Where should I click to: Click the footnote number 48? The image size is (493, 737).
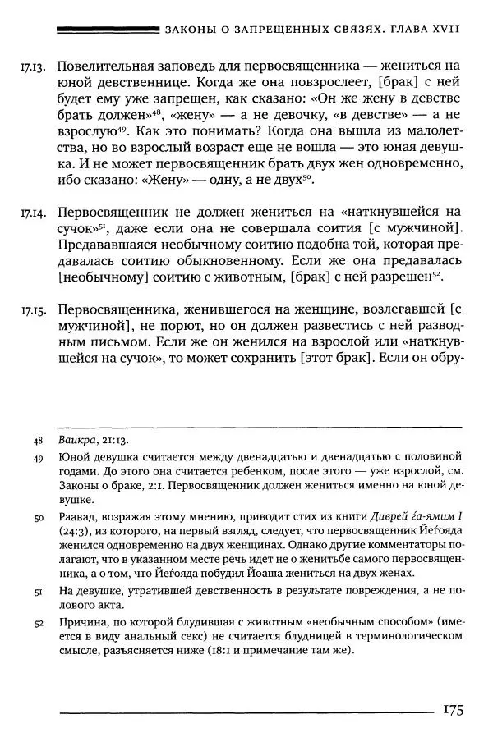click(38, 441)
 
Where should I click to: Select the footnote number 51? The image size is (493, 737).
click(38, 593)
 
